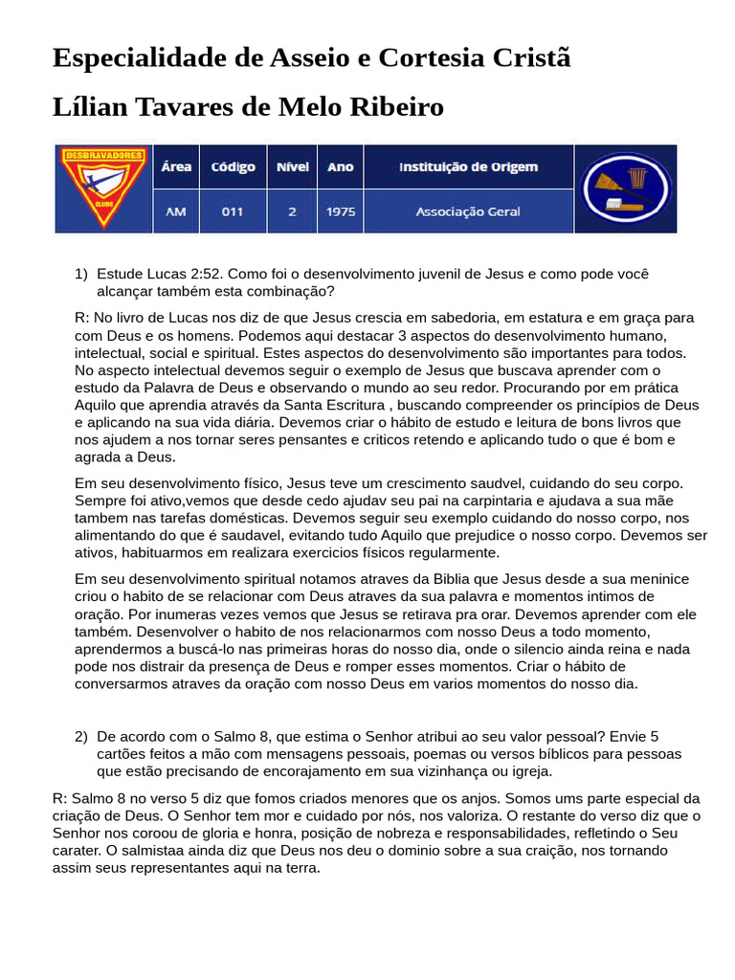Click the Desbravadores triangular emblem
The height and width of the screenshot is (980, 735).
103,188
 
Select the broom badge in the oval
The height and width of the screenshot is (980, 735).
626,189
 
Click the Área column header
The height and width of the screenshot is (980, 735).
176,167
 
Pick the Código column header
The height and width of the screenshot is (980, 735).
233,167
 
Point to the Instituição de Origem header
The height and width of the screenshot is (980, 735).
468,167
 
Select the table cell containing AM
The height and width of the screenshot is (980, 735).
176,212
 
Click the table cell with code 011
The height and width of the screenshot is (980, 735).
233,212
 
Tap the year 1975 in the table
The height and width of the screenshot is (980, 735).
341,212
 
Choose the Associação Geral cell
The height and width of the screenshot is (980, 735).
468,212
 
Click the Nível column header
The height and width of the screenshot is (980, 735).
292,167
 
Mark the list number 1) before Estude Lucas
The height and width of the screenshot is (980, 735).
81,274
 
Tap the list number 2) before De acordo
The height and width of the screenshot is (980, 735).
81,736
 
